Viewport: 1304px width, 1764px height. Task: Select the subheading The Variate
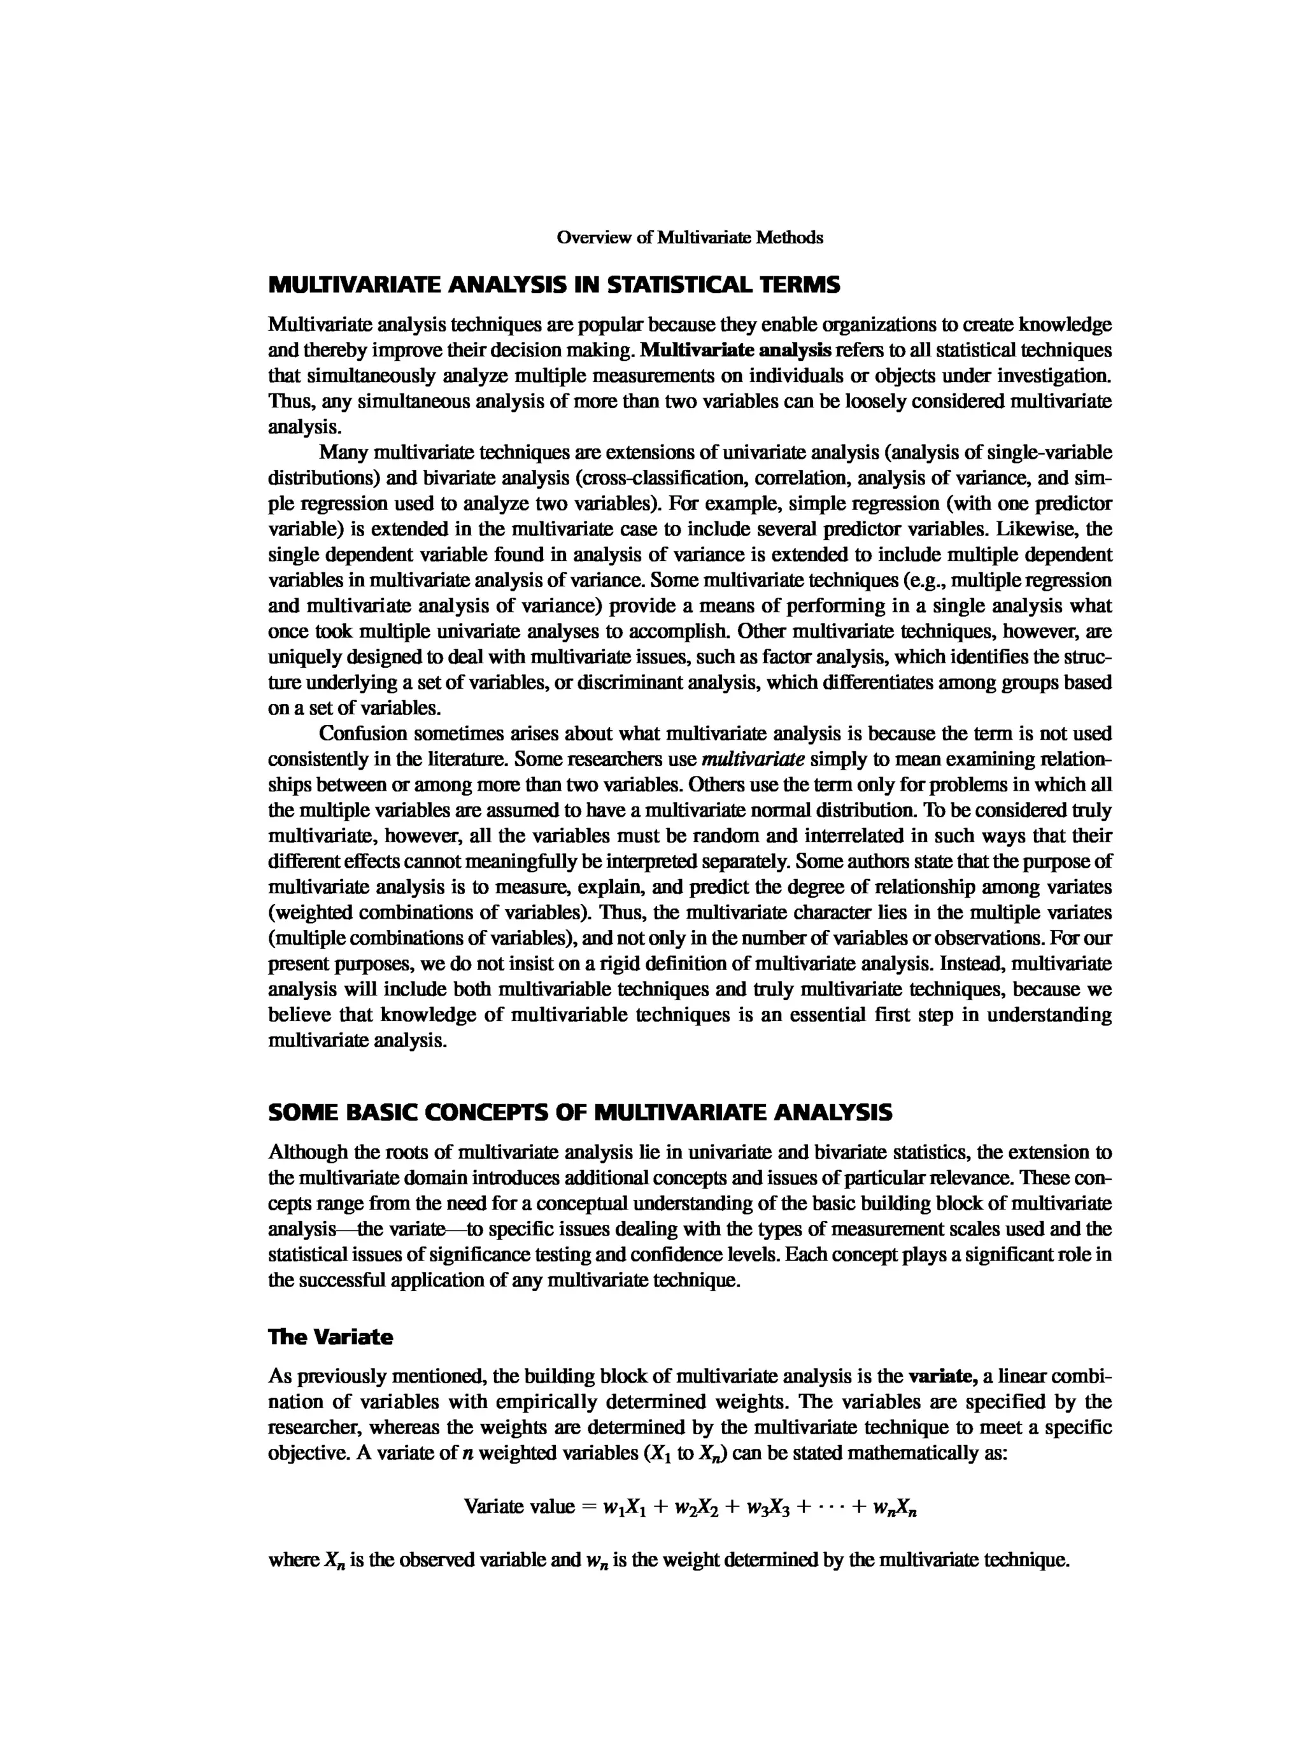click(330, 1337)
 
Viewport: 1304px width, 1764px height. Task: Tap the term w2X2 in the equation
click(712, 1507)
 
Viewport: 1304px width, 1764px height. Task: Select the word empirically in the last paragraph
click(537, 1402)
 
